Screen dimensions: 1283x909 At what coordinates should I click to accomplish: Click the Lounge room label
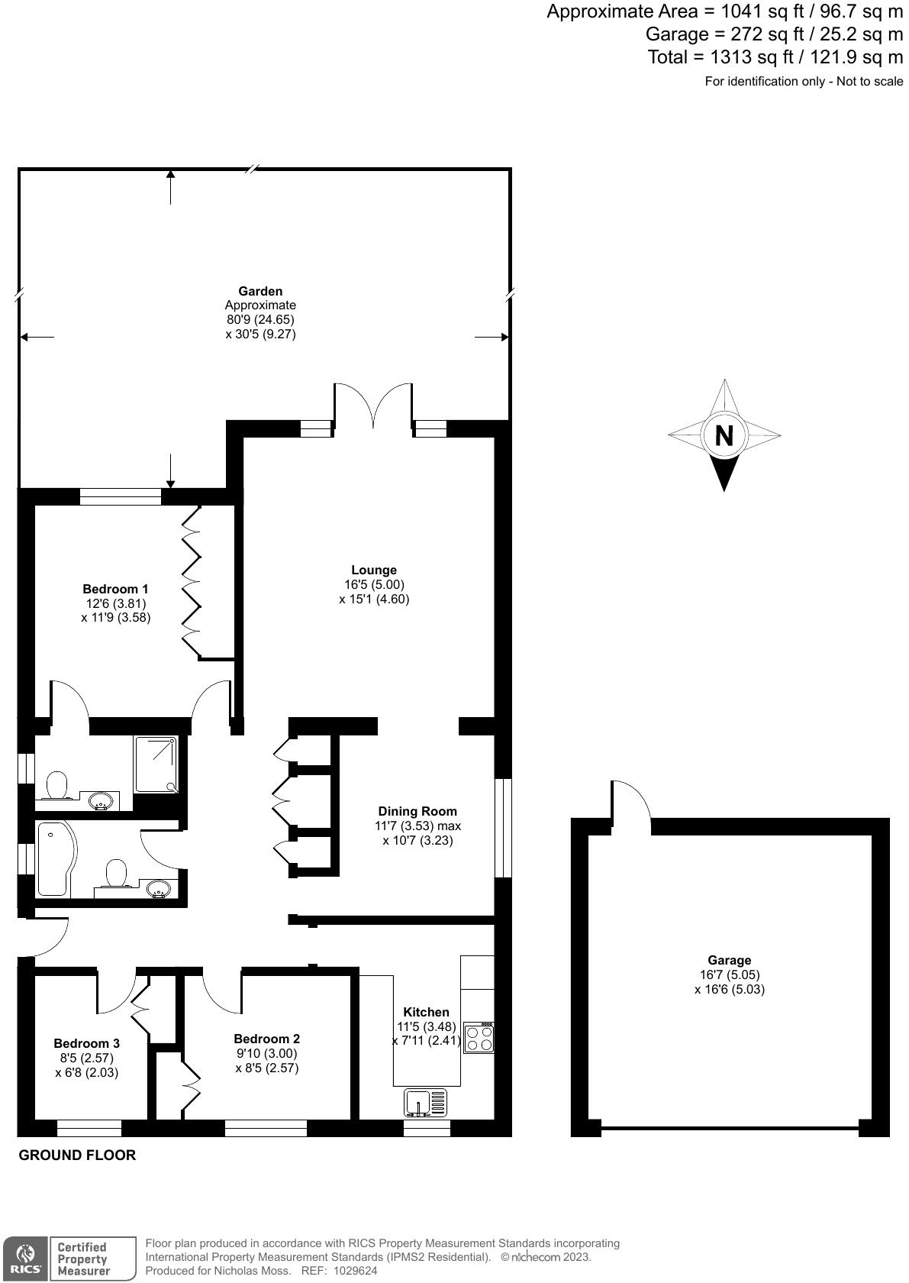[374, 570]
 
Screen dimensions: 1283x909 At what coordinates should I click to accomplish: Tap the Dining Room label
[417, 811]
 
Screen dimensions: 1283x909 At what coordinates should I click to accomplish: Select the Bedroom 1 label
[115, 589]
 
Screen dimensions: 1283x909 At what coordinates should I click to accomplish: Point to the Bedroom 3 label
[86, 1043]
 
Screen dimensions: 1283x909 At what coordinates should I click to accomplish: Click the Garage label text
[729, 960]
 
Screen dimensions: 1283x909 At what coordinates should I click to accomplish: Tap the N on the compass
[724, 435]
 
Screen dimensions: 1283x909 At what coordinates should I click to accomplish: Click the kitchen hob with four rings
[479, 1038]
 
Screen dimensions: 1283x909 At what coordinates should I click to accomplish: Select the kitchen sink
[426, 1102]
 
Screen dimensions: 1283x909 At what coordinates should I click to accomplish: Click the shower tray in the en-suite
[156, 764]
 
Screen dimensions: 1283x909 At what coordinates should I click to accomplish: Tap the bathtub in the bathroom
[53, 859]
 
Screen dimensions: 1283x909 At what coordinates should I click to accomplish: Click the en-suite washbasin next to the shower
[101, 801]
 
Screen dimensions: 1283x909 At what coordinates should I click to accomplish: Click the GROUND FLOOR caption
[77, 1155]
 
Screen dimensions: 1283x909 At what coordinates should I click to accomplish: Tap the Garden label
[260, 291]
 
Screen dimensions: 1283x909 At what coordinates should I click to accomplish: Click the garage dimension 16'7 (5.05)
[729, 974]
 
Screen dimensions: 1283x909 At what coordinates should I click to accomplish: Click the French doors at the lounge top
[373, 405]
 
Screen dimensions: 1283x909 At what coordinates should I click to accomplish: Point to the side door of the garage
[630, 802]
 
